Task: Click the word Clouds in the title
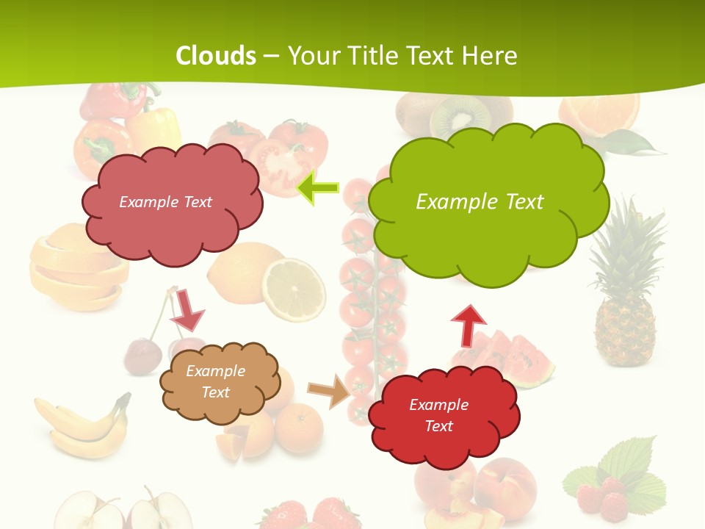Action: (216, 55)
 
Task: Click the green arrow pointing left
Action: (317, 188)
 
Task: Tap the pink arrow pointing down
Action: (188, 309)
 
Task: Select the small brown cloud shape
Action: (219, 382)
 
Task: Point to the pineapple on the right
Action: (624, 294)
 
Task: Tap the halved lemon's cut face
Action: (294, 288)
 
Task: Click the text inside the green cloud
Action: (480, 202)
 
